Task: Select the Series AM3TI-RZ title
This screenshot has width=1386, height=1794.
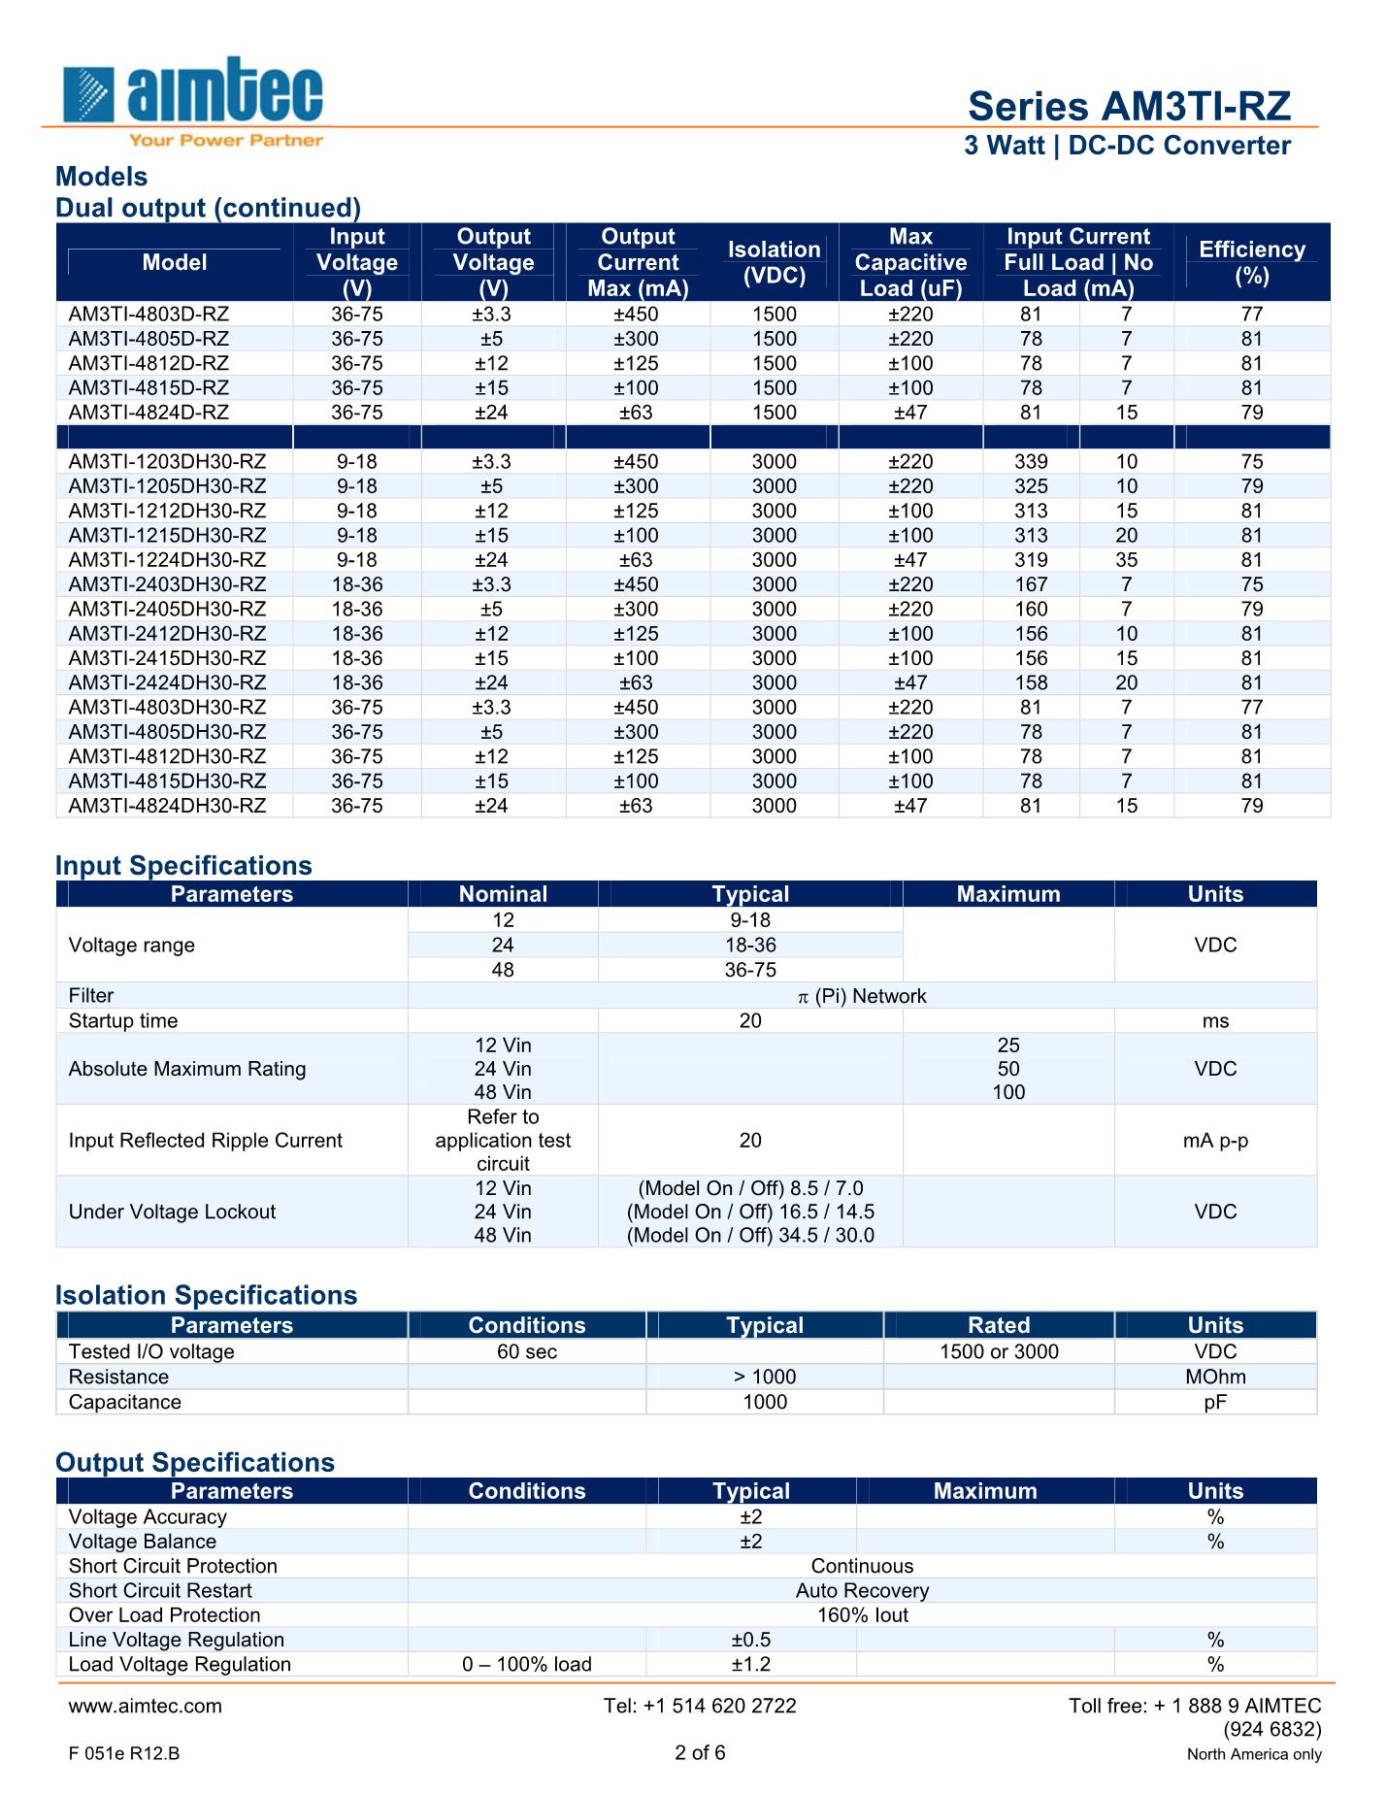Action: coord(1129,106)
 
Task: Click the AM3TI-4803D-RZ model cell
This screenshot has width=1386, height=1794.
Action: coord(148,314)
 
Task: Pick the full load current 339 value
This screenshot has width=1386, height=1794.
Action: coord(1031,461)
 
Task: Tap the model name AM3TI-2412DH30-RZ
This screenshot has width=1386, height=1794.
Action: coord(167,633)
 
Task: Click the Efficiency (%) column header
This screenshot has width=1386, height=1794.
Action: coord(1252,262)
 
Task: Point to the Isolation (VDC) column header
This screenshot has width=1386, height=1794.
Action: coord(774,262)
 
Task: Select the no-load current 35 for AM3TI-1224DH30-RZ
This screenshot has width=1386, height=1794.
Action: coord(1126,559)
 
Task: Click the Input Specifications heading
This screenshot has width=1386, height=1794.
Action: coord(183,865)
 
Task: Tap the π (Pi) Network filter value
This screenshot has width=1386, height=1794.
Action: coord(862,995)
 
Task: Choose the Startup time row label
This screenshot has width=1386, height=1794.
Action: coord(123,1020)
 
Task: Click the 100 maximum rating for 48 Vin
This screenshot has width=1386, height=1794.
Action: coord(1008,1092)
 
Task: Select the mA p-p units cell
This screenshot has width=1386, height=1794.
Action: coord(1215,1140)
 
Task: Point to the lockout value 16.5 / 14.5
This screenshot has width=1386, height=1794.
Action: coord(750,1212)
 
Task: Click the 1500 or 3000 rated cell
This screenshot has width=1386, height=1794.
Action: coord(999,1351)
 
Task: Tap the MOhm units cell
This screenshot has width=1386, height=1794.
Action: coord(1215,1377)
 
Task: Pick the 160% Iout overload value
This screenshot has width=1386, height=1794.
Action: coord(862,1614)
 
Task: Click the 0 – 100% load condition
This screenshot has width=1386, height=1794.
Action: coord(527,1664)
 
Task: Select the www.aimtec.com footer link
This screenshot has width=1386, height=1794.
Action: coord(146,1706)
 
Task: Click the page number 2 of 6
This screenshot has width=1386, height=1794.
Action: coord(700,1752)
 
